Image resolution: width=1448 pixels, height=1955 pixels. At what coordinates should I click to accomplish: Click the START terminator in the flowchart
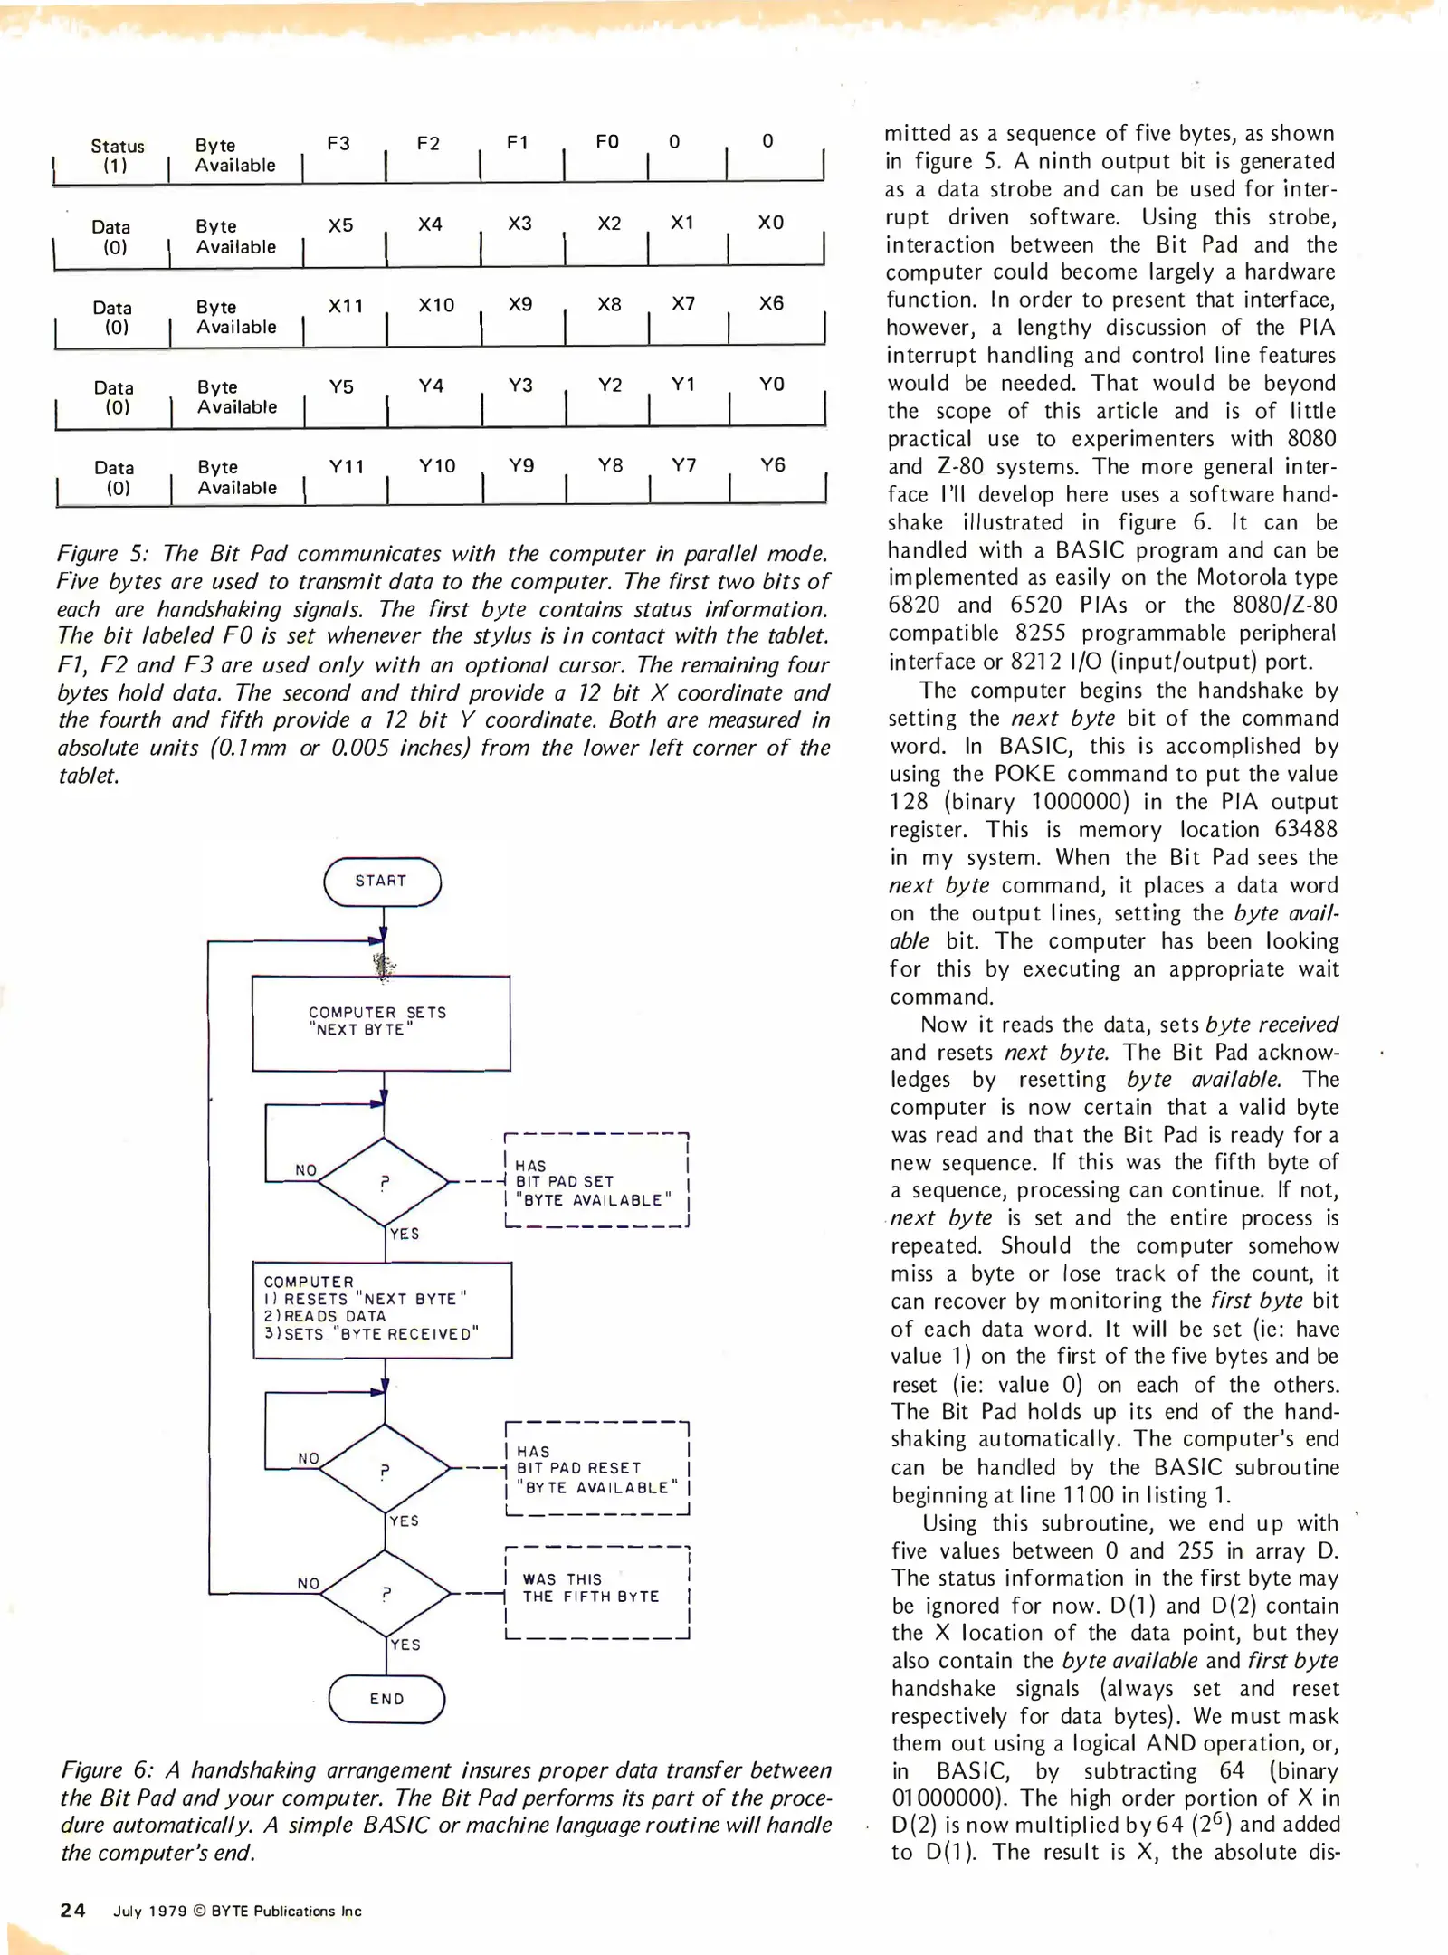point(381,881)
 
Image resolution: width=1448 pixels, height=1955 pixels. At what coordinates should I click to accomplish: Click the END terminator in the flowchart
point(386,1699)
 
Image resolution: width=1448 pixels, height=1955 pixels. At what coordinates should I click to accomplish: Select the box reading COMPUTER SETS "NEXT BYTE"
point(381,1022)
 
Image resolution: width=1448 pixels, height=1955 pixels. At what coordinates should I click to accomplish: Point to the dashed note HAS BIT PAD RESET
point(596,1468)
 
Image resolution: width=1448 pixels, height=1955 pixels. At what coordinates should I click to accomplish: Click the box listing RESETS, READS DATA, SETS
point(382,1309)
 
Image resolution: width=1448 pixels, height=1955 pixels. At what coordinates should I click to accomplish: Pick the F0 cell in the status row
point(606,142)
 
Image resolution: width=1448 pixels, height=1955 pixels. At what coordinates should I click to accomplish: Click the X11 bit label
point(345,306)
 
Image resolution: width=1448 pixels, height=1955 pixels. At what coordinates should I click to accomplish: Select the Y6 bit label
point(772,465)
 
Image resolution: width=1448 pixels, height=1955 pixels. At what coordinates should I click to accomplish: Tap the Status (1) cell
point(116,156)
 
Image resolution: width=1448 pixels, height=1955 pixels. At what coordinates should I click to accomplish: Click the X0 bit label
point(770,223)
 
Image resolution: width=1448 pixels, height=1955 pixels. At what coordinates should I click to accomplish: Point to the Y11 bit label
point(346,467)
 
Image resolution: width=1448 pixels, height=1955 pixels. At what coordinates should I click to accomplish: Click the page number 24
point(72,1911)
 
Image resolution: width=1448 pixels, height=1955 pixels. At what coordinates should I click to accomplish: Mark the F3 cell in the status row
point(338,144)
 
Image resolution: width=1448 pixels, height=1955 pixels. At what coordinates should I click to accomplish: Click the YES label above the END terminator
point(405,1645)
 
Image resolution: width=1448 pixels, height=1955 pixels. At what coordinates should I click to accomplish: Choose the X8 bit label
point(609,305)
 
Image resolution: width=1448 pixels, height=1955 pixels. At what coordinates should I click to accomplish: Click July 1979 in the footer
point(149,1912)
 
